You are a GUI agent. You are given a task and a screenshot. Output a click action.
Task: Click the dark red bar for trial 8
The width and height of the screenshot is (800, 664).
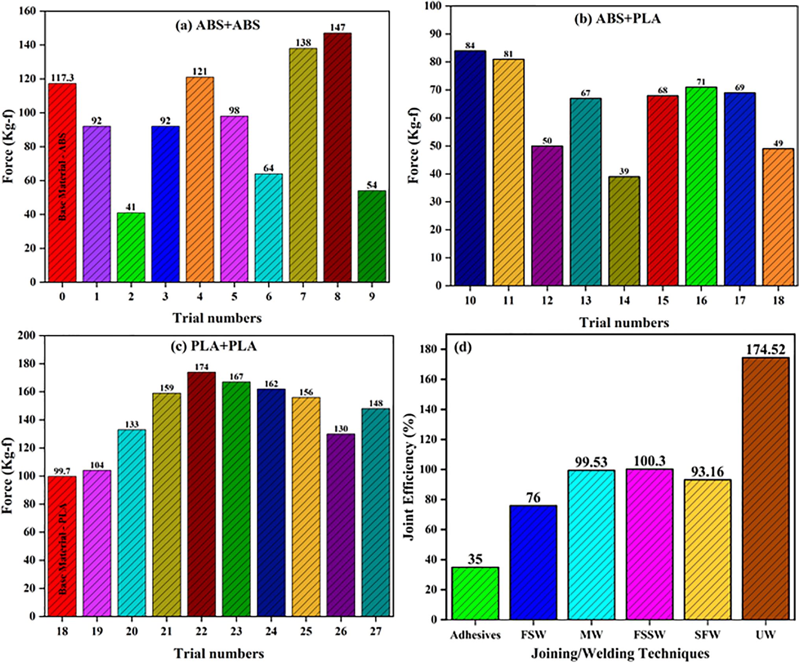click(337, 157)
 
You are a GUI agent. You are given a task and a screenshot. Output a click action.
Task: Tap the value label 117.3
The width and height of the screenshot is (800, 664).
click(62, 78)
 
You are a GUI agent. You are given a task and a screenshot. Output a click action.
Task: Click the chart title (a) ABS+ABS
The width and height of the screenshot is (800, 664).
click(218, 25)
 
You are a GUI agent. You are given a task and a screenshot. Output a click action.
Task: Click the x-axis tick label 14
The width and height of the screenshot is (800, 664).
click(624, 300)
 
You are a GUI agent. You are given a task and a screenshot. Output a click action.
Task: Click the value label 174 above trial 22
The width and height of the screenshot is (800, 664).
click(201, 367)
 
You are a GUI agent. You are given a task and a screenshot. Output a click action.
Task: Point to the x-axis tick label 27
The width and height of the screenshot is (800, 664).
click(375, 631)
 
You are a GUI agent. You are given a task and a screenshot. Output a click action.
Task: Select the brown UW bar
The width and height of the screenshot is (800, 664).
click(765, 488)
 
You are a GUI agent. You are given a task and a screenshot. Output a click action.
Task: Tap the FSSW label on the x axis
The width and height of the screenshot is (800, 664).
click(650, 634)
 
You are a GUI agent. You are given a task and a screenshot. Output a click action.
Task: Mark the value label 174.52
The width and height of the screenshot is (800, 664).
click(765, 350)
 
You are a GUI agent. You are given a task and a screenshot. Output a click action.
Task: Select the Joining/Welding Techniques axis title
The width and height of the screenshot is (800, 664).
click(620, 653)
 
